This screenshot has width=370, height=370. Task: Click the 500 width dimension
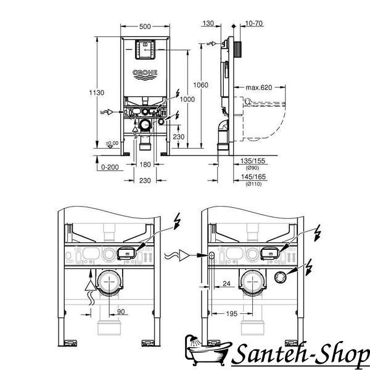145,27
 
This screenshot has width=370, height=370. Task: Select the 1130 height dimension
97,92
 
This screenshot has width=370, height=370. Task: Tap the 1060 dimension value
201,85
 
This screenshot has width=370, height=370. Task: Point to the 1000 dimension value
187,99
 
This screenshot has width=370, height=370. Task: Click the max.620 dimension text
259,88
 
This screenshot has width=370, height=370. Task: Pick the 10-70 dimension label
254,23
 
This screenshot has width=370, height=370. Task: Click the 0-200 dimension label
110,167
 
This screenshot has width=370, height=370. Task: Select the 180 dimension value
145,165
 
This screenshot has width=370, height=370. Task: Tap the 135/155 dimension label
253,161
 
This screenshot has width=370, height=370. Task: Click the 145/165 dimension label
253,176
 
